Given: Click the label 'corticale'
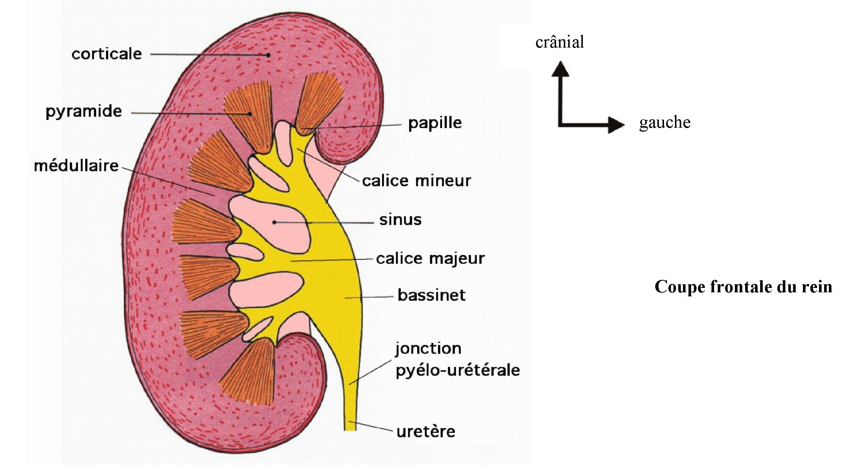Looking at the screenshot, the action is pos(107,54).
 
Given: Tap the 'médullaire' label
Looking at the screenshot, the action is pos(76,166).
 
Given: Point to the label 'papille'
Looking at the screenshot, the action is pos(435,123).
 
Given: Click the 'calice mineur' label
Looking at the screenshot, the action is pos(416,181).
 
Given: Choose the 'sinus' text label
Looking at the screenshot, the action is pos(400,220).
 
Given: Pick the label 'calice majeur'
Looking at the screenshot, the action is pos(430,259).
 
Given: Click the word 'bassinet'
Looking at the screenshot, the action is pos(431,295).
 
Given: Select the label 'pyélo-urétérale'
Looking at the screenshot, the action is pos(458,371).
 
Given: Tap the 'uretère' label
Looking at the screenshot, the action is pos(426,432).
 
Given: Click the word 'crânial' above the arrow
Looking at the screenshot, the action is pos(559,42).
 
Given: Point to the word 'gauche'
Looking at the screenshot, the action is pos(665,123).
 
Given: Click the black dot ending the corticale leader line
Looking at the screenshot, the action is pos(268,55).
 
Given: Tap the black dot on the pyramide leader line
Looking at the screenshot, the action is pos(250,114).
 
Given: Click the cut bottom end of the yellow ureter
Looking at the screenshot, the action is pos(350,430).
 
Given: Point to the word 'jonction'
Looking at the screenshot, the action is pos(428,349).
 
